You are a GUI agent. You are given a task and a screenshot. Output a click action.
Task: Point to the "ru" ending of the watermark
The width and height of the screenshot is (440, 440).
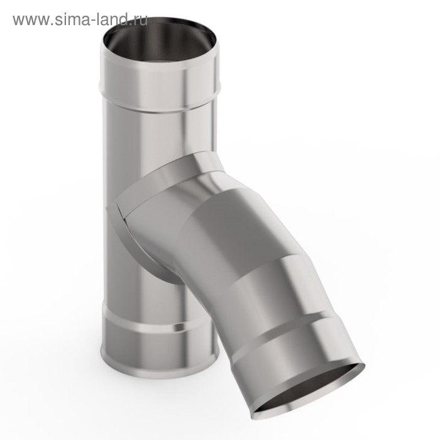coord(139,21)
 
